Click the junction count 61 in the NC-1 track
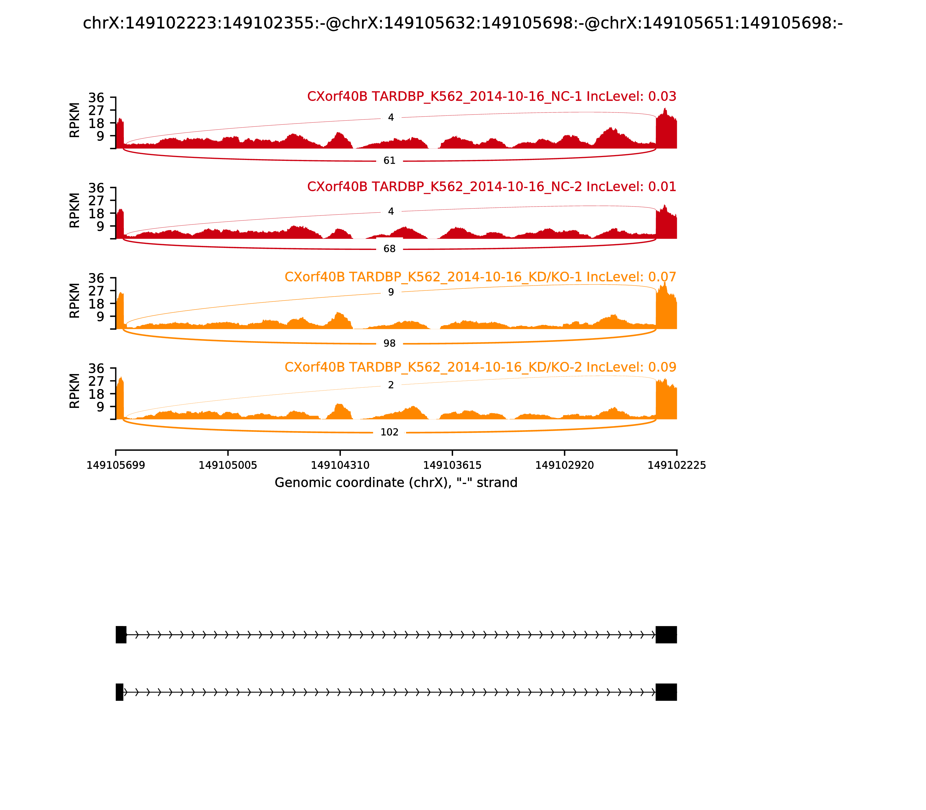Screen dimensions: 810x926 [389, 161]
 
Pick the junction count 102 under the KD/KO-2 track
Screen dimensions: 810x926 [389, 432]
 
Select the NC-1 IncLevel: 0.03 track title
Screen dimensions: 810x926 [491, 96]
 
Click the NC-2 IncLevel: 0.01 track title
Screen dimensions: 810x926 [491, 186]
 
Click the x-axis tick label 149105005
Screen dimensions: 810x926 [228, 465]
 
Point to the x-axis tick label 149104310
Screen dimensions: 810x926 [340, 465]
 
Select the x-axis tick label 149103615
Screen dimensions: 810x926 [452, 465]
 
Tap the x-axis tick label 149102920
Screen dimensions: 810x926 [564, 465]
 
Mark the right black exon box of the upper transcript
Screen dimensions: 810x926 [666, 635]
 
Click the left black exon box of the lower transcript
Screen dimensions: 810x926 [119, 692]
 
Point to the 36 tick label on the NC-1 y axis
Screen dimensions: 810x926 [96, 98]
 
